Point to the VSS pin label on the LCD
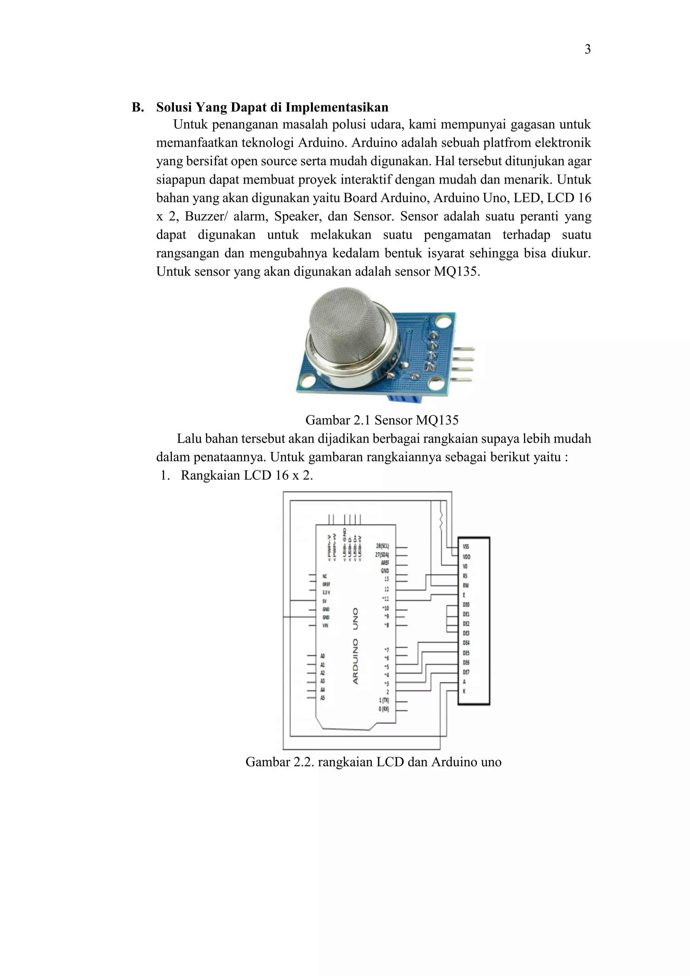[466, 547]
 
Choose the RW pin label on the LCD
[466, 585]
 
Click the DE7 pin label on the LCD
[466, 672]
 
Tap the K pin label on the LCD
[464, 691]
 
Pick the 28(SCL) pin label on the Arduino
[382, 546]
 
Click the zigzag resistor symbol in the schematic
[441, 519]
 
